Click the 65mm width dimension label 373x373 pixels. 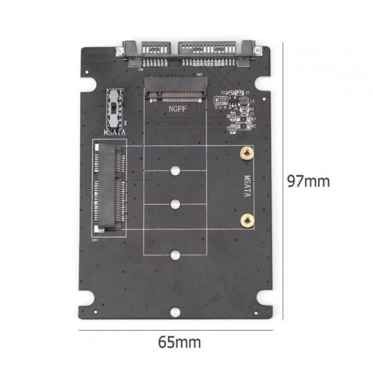(179, 342)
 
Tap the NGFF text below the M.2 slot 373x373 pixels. (178, 109)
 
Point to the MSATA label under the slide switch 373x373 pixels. (115, 132)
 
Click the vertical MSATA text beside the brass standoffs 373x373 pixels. (247, 186)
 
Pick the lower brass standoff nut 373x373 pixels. (247, 220)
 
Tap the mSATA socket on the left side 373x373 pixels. (108, 187)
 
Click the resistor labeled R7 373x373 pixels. (243, 119)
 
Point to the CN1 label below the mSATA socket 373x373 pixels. (95, 240)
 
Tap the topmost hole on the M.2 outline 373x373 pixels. (175, 170)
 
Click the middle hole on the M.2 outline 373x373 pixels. (175, 204)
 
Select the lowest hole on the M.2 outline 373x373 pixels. (175, 255)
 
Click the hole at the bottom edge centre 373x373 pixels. (175, 312)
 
